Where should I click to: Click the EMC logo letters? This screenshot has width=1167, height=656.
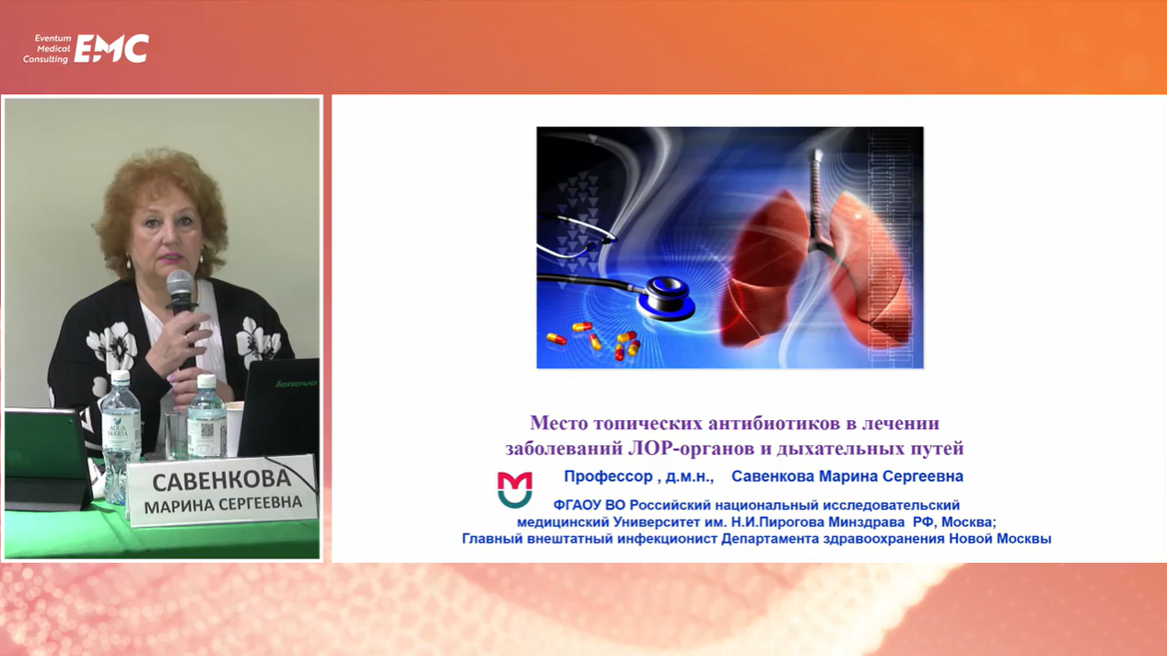click(111, 49)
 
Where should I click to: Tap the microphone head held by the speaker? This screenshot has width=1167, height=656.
click(181, 285)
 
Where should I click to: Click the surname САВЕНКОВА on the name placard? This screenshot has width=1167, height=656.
click(222, 480)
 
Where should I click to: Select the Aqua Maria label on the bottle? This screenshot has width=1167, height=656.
click(118, 431)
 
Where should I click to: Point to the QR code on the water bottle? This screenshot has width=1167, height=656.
click(207, 430)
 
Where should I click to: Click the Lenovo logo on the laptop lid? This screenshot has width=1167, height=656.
click(296, 384)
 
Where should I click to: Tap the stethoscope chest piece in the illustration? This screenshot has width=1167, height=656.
click(668, 298)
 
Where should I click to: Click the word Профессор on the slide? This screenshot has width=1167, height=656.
click(609, 476)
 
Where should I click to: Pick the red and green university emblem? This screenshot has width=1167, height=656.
click(515, 490)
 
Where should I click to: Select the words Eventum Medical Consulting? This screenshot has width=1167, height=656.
click(47, 49)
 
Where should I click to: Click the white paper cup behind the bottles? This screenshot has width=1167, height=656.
click(235, 428)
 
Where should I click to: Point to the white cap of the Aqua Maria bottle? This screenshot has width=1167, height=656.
click(121, 376)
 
